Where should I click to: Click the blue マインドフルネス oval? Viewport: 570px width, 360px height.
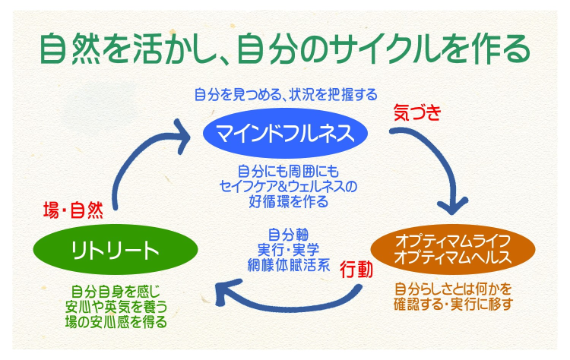(x=285, y=134)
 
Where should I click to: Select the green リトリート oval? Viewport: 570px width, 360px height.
(x=116, y=250)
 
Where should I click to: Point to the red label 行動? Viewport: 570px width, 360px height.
(x=356, y=267)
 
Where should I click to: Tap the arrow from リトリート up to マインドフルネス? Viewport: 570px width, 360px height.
(x=137, y=159)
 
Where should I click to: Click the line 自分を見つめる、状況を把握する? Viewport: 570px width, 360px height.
(x=285, y=94)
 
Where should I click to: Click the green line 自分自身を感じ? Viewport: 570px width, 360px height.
(x=116, y=291)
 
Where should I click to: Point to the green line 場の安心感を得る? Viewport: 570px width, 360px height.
(x=116, y=321)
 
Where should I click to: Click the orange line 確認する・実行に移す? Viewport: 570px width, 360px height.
(x=454, y=305)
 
